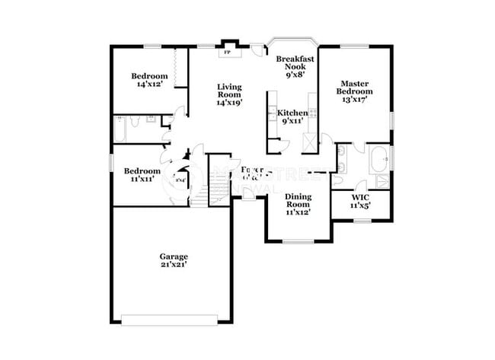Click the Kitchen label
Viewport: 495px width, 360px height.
[x=292, y=113]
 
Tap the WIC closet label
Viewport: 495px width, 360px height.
[x=359, y=198]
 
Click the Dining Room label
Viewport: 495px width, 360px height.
[x=298, y=200]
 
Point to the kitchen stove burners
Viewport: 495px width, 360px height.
[x=312, y=113]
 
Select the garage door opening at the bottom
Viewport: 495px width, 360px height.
[x=174, y=319]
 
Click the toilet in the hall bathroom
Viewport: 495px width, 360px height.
[x=136, y=122]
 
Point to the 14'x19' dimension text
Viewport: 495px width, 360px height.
[x=228, y=101]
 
